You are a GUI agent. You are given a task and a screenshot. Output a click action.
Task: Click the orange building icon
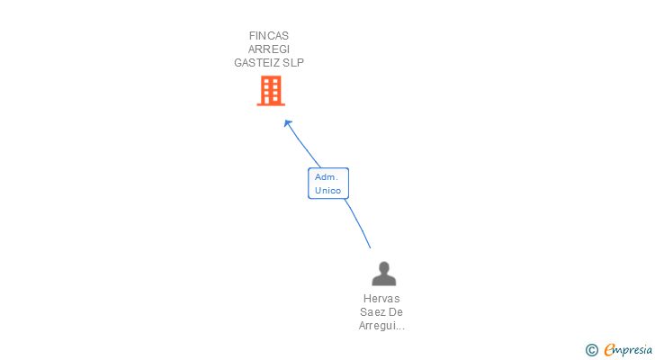pyautogui.click(x=270, y=91)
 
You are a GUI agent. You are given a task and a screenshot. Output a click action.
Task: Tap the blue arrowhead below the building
pyautogui.click(x=288, y=123)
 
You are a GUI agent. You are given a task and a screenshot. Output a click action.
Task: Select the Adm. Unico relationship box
pyautogui.click(x=327, y=184)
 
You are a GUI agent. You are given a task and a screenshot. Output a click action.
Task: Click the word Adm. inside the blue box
pyautogui.click(x=327, y=177)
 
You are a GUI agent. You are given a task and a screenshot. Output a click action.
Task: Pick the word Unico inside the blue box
pyautogui.click(x=327, y=191)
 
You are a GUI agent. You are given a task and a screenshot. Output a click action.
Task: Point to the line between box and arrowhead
pyautogui.click(x=303, y=146)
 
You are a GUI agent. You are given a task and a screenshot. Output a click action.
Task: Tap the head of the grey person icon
pyautogui.click(x=384, y=267)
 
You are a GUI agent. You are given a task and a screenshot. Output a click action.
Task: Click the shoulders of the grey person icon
pyautogui.click(x=384, y=280)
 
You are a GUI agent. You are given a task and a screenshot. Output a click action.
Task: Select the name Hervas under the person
pyautogui.click(x=381, y=299)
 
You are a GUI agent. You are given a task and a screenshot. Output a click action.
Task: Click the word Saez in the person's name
pyautogui.click(x=372, y=312)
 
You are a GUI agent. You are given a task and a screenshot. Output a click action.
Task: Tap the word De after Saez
pyautogui.click(x=397, y=312)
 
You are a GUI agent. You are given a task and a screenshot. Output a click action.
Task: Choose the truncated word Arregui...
pyautogui.click(x=381, y=326)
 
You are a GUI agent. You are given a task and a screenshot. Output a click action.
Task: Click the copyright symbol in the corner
pyautogui.click(x=591, y=350)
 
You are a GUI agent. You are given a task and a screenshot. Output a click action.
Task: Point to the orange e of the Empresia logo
pyautogui.click(x=609, y=349)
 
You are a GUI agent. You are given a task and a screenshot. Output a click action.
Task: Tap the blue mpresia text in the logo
pyautogui.click(x=633, y=350)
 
